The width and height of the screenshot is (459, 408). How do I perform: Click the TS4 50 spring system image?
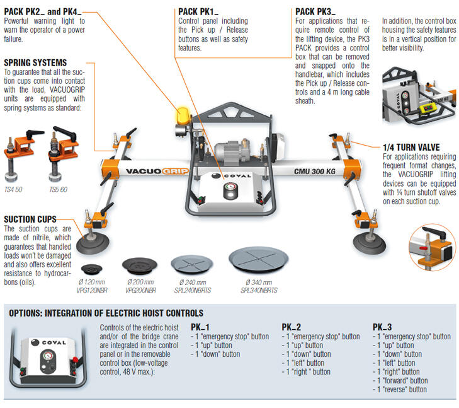(19, 153)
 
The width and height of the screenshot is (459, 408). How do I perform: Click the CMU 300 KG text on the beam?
(314, 170)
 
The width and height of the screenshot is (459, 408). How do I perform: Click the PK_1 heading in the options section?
(200, 327)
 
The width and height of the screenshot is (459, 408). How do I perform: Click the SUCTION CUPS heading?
(30, 219)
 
